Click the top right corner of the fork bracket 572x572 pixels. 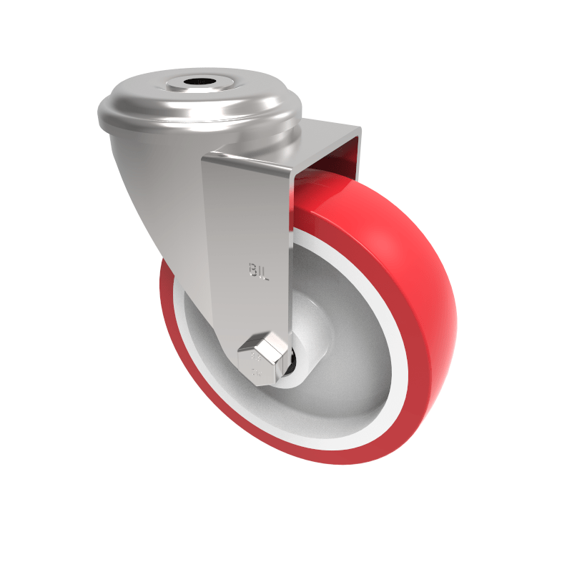(x=360, y=130)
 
